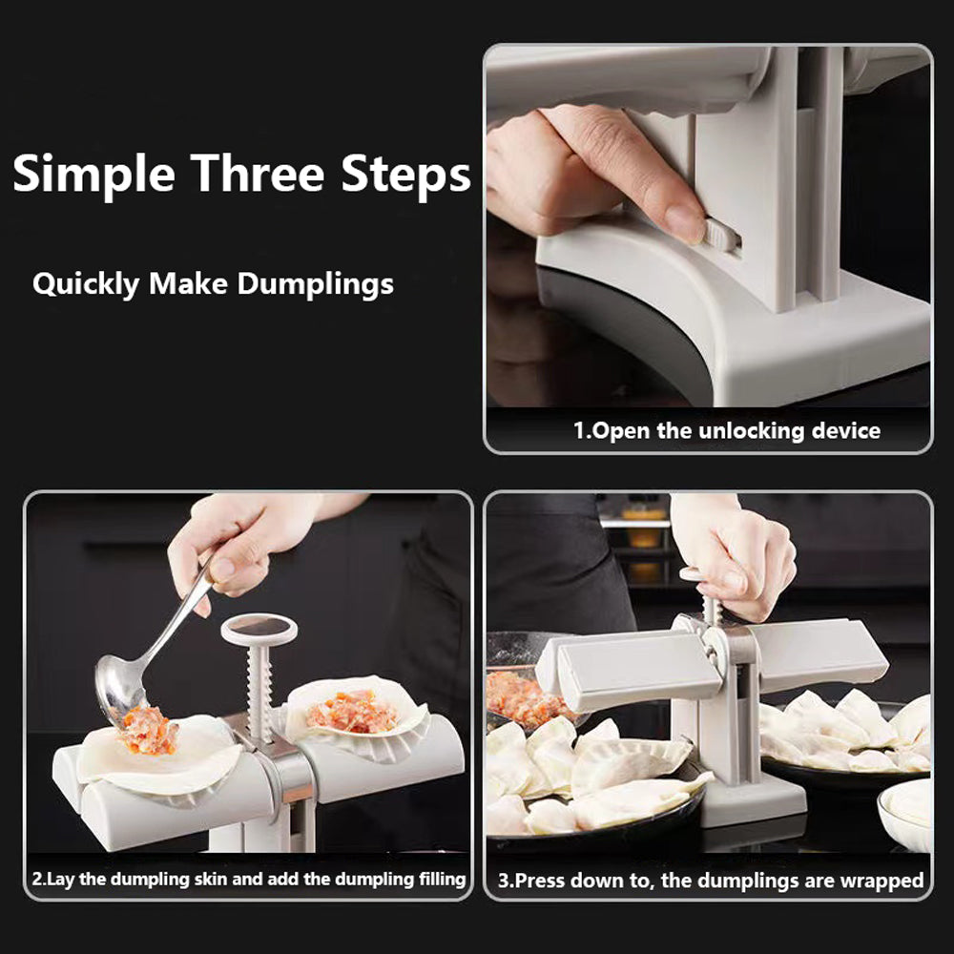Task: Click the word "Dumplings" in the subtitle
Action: (315, 284)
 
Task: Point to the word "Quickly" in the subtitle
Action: (86, 284)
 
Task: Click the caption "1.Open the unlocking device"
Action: (726, 430)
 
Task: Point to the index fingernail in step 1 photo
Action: (684, 223)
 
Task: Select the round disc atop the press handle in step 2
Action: (259, 628)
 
